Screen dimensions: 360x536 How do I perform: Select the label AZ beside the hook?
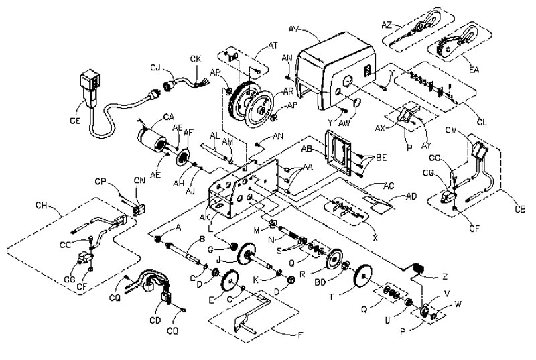tap(387, 24)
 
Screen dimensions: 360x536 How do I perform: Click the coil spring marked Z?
tap(417, 270)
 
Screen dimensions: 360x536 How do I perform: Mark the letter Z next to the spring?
tap(444, 276)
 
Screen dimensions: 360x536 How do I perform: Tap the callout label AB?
tap(309, 149)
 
